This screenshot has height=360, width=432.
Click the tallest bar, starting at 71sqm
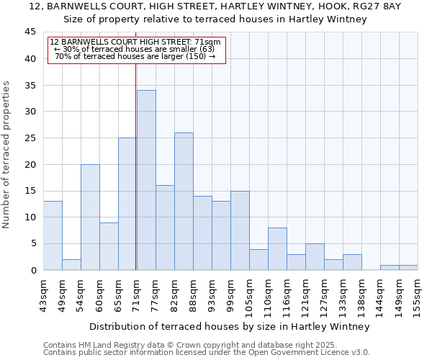[146, 180]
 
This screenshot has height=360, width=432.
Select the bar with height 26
[184, 202]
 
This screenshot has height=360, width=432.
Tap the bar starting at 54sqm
[90, 217]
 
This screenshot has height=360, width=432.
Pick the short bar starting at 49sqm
[71, 264]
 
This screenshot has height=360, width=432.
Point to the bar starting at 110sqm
[277, 248]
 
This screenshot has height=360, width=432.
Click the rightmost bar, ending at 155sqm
[408, 268]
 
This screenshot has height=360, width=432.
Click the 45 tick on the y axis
[31, 32]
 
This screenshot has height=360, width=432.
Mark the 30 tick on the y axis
[31, 112]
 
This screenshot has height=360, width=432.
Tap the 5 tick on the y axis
[34, 244]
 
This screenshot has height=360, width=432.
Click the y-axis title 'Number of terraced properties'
[6, 155]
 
